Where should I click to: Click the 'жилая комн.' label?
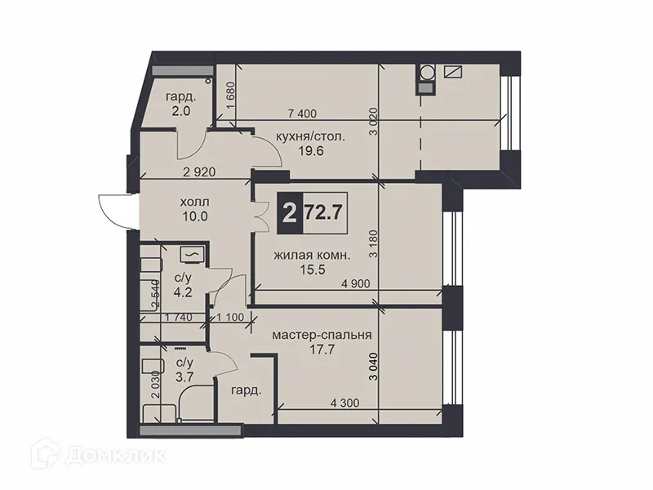point(312,256)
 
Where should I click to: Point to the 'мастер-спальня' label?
point(322,335)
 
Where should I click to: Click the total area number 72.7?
point(322,214)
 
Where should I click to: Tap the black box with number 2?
point(288,214)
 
